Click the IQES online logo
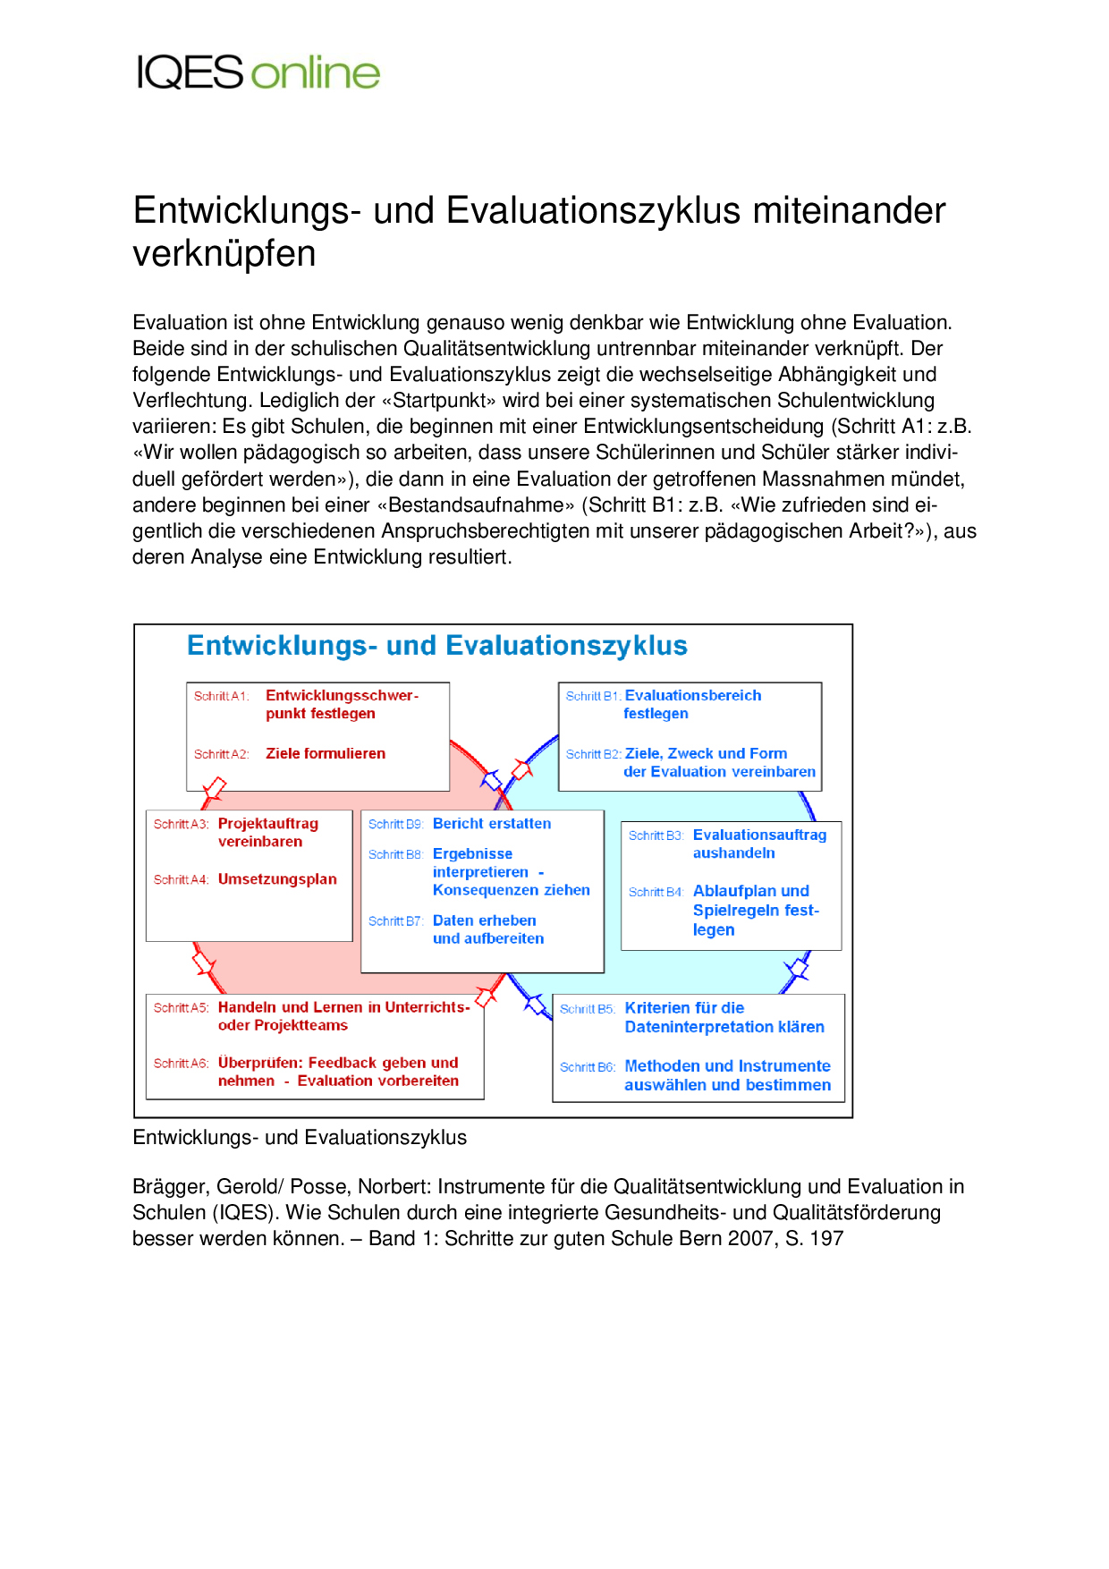coord(258,72)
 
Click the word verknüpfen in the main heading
coord(224,254)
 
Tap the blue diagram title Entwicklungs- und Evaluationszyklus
coord(436,646)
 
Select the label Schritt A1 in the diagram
coord(220,697)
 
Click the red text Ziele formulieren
coord(326,754)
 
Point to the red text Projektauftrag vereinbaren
coord(267,833)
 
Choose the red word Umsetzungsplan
coord(277,879)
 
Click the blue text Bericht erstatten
coord(491,824)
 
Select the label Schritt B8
coord(394,855)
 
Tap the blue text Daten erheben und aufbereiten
coord(487,929)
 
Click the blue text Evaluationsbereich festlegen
coord(692,705)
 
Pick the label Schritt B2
coord(593,755)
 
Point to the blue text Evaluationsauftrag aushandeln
coord(759,844)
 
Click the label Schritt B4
coord(656,893)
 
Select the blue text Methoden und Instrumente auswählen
coord(727,1075)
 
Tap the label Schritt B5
coord(587,1010)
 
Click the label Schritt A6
coord(181,1064)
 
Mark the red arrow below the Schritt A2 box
coord(215,788)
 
